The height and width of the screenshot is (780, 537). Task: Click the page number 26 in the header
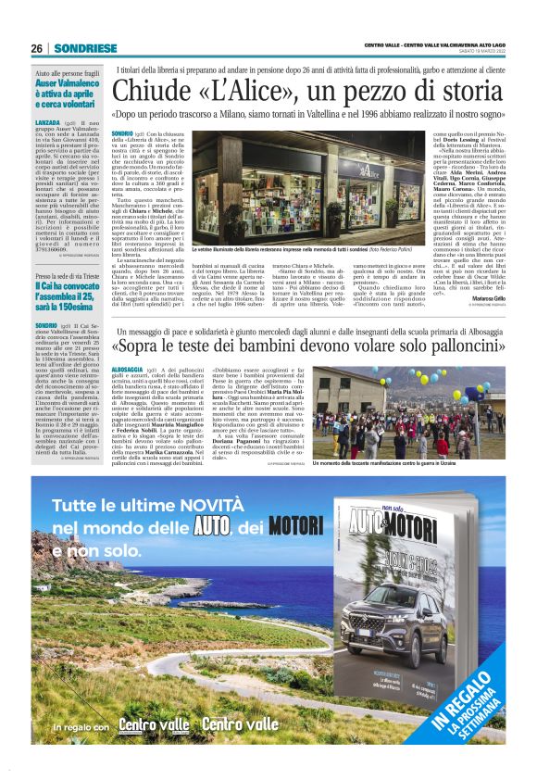[37, 48]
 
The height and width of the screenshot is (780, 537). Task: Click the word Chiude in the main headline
[146, 94]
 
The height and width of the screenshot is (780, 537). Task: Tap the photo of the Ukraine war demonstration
[411, 423]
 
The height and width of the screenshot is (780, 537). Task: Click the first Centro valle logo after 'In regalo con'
[152, 724]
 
